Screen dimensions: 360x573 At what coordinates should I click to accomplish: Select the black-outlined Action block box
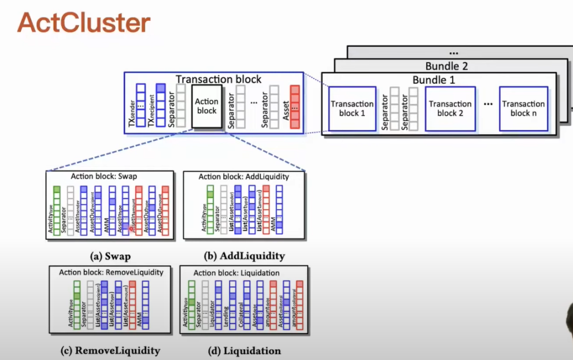[206, 106]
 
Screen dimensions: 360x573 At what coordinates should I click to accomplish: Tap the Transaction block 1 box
[352, 108]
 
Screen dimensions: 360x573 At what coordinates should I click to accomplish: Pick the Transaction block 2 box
[450, 108]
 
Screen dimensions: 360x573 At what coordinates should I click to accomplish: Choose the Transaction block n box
[523, 108]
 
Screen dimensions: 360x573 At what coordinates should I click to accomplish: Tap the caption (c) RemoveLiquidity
[110, 350]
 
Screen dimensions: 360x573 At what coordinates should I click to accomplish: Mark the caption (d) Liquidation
[243, 350]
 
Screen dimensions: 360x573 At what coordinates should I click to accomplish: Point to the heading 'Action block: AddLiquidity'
[243, 176]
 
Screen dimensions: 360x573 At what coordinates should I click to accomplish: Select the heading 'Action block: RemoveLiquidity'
[111, 272]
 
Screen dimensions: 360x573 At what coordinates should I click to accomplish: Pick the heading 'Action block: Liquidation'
[236, 272]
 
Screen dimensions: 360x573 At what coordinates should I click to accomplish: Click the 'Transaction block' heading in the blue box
[219, 79]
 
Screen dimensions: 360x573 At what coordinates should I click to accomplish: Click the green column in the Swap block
[57, 211]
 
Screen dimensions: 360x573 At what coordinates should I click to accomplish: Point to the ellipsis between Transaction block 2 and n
[487, 105]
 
